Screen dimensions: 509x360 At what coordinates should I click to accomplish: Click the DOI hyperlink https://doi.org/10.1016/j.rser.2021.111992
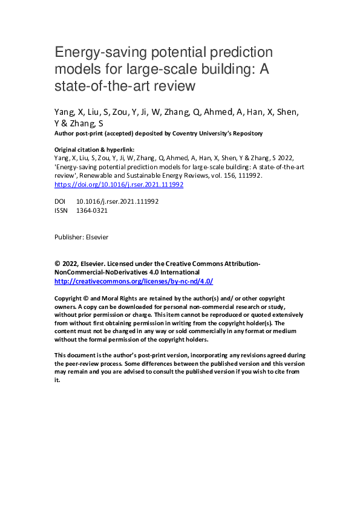[119, 184]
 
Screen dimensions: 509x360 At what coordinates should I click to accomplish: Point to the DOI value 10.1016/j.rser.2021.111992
[117, 201]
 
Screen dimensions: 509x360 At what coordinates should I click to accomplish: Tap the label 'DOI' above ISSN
[61, 201]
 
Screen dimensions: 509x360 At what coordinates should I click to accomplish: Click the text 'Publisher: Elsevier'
[81, 237]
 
